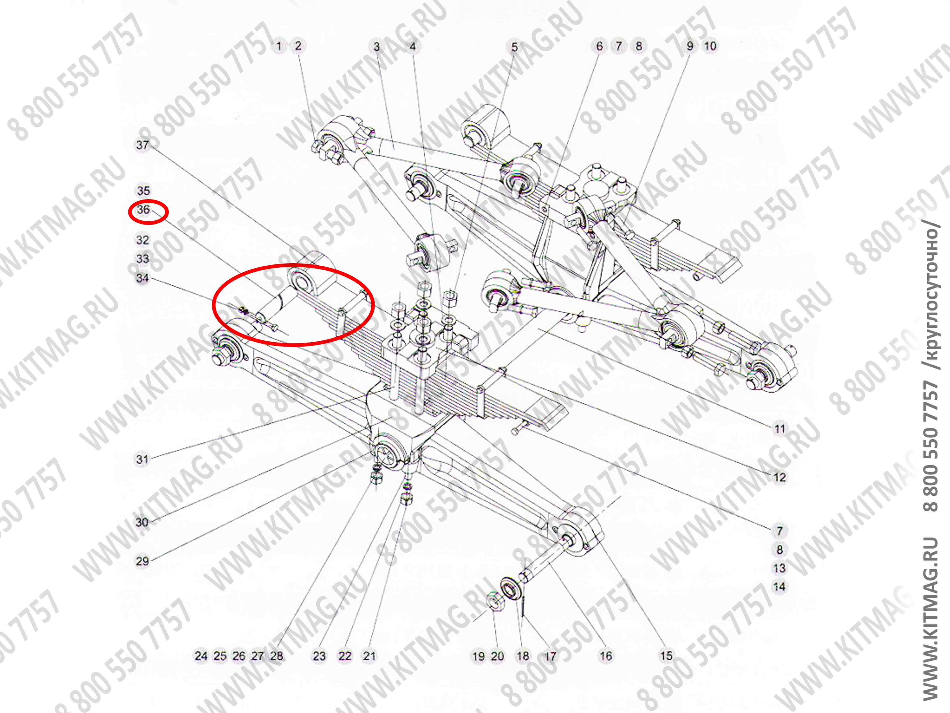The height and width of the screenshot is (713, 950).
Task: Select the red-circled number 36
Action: click(x=143, y=210)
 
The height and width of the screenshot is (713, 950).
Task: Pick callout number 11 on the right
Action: click(x=779, y=428)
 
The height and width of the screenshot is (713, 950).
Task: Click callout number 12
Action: click(x=779, y=477)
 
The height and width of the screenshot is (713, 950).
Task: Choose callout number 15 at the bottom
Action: click(x=666, y=656)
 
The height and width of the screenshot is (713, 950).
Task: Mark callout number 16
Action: click(x=606, y=656)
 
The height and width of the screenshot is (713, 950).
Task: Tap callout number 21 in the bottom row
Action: click(x=369, y=656)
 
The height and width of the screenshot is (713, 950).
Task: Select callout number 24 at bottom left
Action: click(x=201, y=656)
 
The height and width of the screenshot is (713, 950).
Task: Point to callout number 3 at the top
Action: click(x=377, y=46)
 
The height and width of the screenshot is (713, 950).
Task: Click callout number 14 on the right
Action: click(x=779, y=587)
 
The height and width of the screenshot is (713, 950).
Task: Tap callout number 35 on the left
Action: click(x=143, y=190)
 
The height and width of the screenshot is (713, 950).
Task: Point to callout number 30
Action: click(x=142, y=522)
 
